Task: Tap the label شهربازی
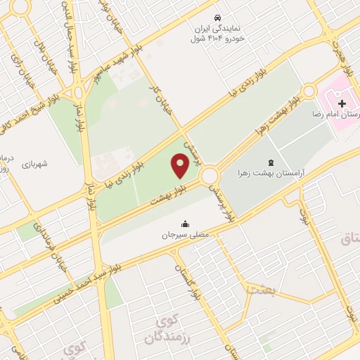click(x=33, y=164)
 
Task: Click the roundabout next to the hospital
click(x=309, y=91)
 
